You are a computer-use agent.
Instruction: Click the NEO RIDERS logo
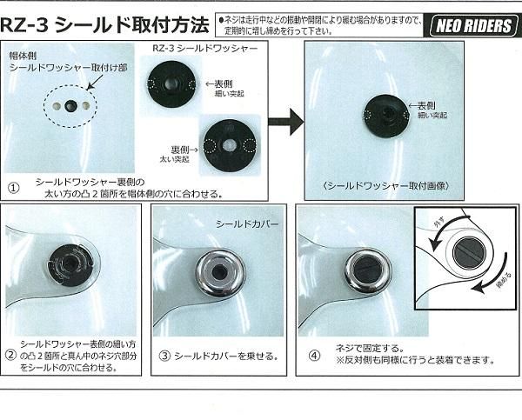coord(472,25)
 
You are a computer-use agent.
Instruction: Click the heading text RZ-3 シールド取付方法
coord(104,24)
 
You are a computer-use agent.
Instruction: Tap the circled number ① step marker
coord(14,186)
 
